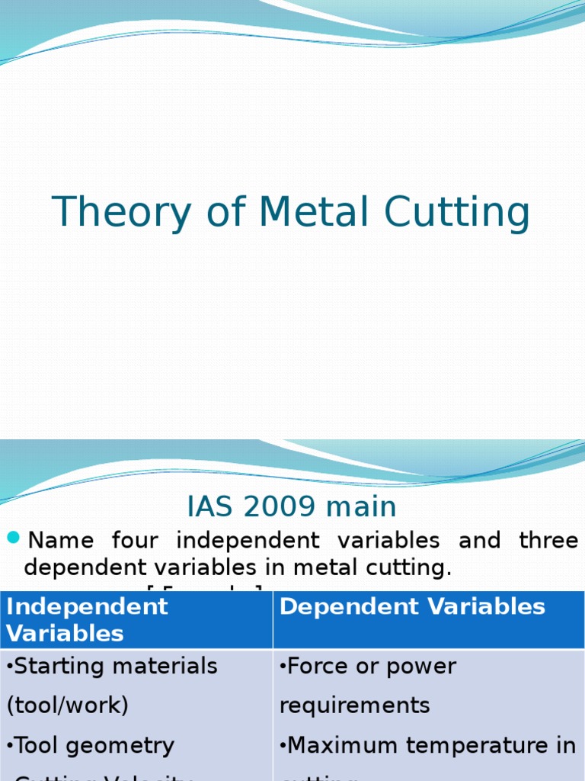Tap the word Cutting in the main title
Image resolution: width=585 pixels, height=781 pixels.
tap(458, 213)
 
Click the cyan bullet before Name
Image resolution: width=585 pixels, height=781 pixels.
tap(13, 539)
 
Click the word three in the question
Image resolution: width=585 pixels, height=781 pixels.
tap(548, 541)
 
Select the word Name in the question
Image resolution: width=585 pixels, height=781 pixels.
tap(60, 541)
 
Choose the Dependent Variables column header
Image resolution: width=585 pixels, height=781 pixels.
tap(412, 606)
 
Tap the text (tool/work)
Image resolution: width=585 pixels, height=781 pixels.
tap(67, 705)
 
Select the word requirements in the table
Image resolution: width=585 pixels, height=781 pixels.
tap(355, 705)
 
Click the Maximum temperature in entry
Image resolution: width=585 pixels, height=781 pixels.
tap(429, 745)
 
